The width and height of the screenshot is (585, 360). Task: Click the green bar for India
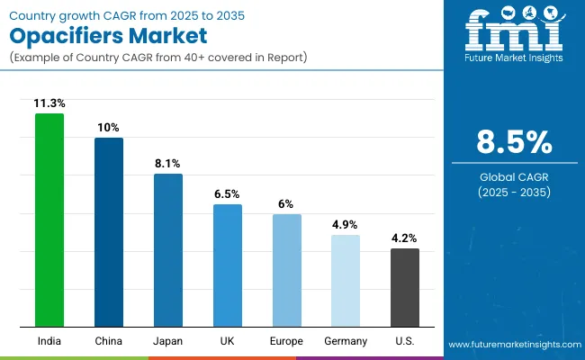pyautogui.click(x=49, y=220)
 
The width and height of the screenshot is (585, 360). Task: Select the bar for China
pyautogui.click(x=109, y=232)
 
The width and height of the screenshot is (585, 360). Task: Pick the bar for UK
pyautogui.click(x=228, y=265)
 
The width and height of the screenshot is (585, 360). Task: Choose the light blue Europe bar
pyautogui.click(x=286, y=270)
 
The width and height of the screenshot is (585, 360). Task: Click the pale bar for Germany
pyautogui.click(x=346, y=281)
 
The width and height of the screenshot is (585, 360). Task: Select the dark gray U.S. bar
pyautogui.click(x=405, y=287)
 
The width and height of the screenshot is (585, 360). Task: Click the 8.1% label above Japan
pyautogui.click(x=168, y=164)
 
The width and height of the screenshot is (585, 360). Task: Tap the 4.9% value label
pyautogui.click(x=346, y=225)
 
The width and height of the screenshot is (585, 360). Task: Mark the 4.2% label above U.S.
pyautogui.click(x=405, y=238)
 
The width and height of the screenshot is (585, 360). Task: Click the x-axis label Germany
pyautogui.click(x=346, y=341)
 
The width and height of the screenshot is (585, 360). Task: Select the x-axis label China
pyautogui.click(x=109, y=341)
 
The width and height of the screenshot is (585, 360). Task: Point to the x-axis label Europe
pyautogui.click(x=286, y=341)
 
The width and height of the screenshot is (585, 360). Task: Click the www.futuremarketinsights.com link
pyautogui.click(x=514, y=345)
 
